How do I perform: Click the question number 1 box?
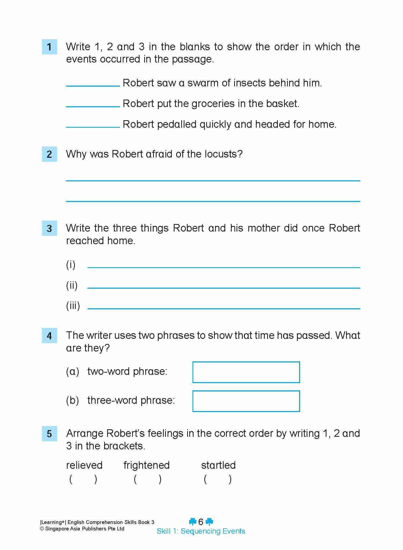click(x=49, y=47)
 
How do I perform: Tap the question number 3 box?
click(x=49, y=228)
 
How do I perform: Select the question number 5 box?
click(x=49, y=434)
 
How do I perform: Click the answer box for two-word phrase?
click(x=246, y=372)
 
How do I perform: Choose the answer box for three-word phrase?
click(x=246, y=401)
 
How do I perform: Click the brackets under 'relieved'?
click(x=83, y=479)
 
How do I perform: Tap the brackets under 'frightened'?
click(x=148, y=479)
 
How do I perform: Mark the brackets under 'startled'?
click(x=218, y=479)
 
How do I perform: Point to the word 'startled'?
click(x=218, y=465)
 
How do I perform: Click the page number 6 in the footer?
click(x=201, y=522)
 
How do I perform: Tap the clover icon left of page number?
click(x=193, y=522)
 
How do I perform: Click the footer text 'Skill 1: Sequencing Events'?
click(x=201, y=531)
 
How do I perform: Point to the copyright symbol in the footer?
click(x=42, y=529)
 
